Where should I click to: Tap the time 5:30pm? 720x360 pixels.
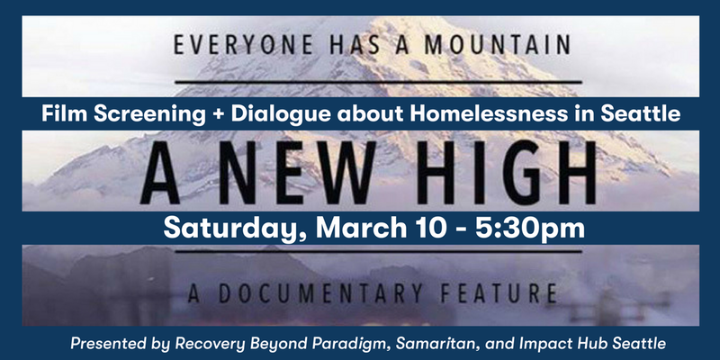(x=530, y=229)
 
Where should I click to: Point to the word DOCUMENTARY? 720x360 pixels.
(x=321, y=294)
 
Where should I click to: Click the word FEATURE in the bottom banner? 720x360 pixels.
(x=499, y=294)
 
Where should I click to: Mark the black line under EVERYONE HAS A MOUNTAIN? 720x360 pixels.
(x=378, y=82)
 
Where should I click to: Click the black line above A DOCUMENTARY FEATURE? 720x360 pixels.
(x=378, y=251)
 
